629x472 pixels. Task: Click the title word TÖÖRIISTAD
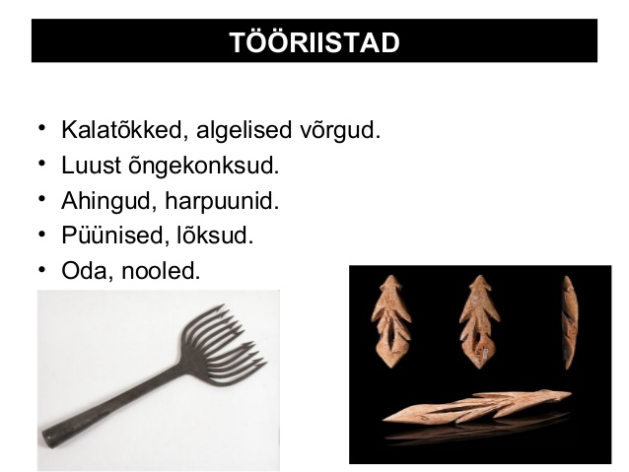point(314,42)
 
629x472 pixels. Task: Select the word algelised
point(244,131)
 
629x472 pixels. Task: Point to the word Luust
point(91,165)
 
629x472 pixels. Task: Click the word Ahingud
point(108,200)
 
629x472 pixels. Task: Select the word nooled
point(161,270)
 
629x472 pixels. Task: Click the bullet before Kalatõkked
point(41,128)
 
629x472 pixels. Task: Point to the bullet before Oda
point(41,269)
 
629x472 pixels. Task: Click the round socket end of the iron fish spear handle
point(47,438)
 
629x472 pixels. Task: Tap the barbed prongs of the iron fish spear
point(222,346)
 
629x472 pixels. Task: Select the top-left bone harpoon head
point(391,321)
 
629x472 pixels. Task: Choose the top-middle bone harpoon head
point(480,321)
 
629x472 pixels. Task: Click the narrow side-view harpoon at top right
point(570,322)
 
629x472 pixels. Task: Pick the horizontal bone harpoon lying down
point(476,406)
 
